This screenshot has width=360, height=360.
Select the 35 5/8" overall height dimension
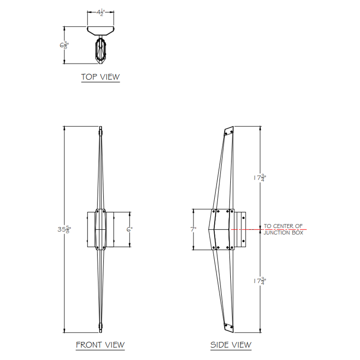click(64, 229)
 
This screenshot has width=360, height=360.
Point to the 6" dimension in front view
click(129, 229)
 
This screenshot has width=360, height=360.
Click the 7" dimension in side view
click(193, 229)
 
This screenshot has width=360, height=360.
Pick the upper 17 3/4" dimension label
click(260, 178)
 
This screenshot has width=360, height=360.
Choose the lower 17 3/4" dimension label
click(260, 281)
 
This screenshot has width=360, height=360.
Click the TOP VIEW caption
click(101, 77)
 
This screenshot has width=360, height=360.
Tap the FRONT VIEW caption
click(100, 345)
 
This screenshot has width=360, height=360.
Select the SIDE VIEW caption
click(231, 345)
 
